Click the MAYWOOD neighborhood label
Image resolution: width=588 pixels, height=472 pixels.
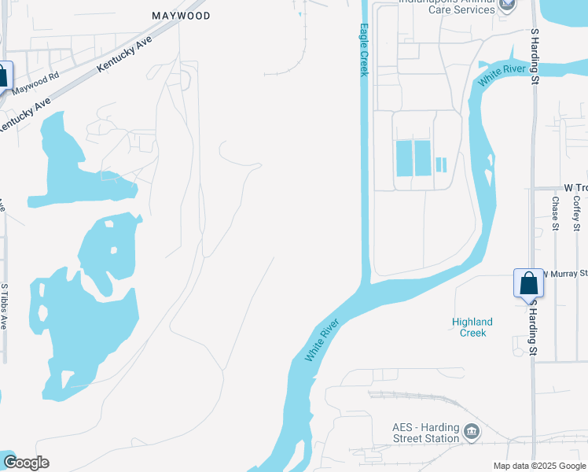pyautogui.click(x=181, y=15)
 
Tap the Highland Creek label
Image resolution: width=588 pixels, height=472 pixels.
pyautogui.click(x=472, y=326)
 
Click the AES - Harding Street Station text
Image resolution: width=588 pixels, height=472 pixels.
pyautogui.click(x=425, y=433)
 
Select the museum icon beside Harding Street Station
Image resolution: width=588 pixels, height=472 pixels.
pyautogui.click(x=472, y=431)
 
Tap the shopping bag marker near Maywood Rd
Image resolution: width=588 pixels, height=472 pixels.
pyautogui.click(x=2, y=76)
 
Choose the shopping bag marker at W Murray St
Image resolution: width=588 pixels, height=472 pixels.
pyautogui.click(x=528, y=283)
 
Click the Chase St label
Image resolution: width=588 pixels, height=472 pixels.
pyautogui.click(x=555, y=213)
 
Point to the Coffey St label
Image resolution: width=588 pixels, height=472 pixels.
pyautogui.click(x=576, y=213)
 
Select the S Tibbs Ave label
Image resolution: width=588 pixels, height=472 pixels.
pyautogui.click(x=4, y=306)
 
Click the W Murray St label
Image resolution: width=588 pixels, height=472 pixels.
pyautogui.click(x=565, y=273)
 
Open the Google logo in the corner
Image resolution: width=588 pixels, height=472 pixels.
pyautogui.click(x=26, y=463)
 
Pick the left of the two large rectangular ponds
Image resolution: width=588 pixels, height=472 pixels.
pyautogui.click(x=403, y=158)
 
